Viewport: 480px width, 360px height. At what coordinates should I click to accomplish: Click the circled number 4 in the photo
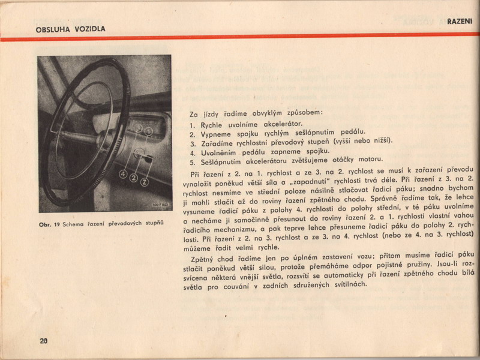(123, 175)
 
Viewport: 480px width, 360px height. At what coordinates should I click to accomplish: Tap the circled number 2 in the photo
(133, 178)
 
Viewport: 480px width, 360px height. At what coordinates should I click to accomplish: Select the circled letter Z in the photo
(144, 181)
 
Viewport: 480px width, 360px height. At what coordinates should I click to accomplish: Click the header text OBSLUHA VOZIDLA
(70, 29)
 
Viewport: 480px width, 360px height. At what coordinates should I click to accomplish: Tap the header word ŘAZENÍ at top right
(460, 22)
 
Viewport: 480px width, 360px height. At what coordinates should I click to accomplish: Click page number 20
(43, 341)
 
